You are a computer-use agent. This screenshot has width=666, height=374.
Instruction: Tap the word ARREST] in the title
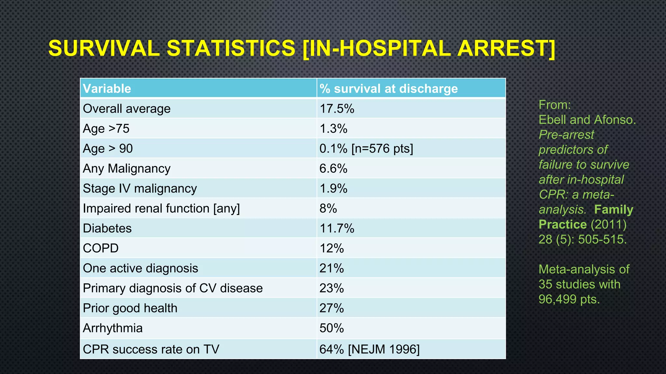[x=506, y=48]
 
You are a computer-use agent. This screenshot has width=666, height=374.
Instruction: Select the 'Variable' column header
[x=107, y=89]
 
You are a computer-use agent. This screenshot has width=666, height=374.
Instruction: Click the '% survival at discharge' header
[x=388, y=89]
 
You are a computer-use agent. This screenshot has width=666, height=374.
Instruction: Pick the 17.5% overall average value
[x=337, y=109]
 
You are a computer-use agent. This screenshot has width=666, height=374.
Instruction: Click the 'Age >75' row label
[x=106, y=129]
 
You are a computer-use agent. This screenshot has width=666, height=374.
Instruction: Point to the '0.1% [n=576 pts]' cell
[x=366, y=149]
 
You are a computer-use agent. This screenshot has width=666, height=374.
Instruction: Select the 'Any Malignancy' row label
[x=127, y=169]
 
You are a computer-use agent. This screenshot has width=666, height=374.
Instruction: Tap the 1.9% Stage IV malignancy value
[x=333, y=189]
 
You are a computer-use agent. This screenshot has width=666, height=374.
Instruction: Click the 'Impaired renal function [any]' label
[x=161, y=208]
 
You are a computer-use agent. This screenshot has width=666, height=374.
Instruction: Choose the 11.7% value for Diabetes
[x=337, y=229]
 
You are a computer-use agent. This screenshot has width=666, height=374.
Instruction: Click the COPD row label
[x=100, y=248]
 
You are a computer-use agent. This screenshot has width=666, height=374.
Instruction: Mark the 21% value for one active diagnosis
[x=331, y=268]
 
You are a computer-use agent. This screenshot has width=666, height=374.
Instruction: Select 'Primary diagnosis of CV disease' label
[x=173, y=288]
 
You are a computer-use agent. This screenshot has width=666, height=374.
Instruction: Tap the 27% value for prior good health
[x=331, y=308]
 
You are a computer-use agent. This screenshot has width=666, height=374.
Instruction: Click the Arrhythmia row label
[x=113, y=328]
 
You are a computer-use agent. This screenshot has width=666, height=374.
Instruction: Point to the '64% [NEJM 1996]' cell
[x=369, y=349]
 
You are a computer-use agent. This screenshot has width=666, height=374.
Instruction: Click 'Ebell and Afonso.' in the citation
[x=587, y=120]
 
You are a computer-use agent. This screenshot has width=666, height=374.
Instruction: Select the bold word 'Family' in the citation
[x=613, y=209]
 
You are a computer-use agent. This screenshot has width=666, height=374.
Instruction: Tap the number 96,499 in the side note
[x=557, y=299]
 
